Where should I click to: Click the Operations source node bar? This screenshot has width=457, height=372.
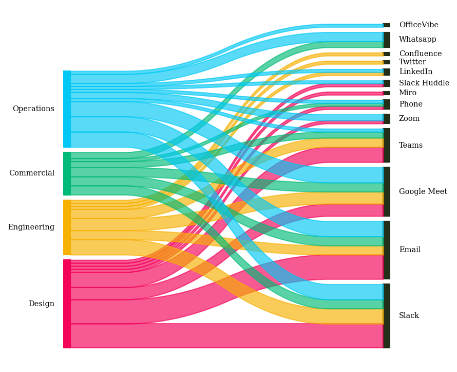pyautogui.click(x=67, y=109)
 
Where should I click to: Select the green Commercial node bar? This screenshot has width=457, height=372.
pyautogui.click(x=67, y=173)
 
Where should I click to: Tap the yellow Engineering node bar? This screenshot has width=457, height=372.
pyautogui.click(x=67, y=227)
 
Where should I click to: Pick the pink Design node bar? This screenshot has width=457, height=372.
pyautogui.click(x=67, y=304)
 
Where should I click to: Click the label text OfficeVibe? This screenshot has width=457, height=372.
pyautogui.click(x=418, y=25)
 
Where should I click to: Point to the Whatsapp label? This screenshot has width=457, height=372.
pyautogui.click(x=417, y=40)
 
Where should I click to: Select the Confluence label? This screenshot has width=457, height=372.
pyautogui.click(x=420, y=54)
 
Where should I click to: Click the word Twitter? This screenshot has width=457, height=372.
pyautogui.click(x=412, y=62)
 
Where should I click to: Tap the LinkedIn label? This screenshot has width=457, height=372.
pyautogui.click(x=415, y=72)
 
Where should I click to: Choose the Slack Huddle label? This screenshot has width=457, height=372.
pyautogui.click(x=424, y=83)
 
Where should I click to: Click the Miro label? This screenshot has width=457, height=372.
pyautogui.click(x=408, y=93)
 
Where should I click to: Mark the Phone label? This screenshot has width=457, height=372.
pyautogui.click(x=411, y=104)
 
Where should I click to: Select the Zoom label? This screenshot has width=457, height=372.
pyautogui.click(x=409, y=119)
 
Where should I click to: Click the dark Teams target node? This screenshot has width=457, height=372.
pyautogui.click(x=387, y=146)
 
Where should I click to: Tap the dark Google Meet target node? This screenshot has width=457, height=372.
pyautogui.click(x=387, y=191)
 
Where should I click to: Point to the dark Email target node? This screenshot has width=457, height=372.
pyautogui.click(x=387, y=250)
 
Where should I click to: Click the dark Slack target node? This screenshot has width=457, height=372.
pyautogui.click(x=387, y=316)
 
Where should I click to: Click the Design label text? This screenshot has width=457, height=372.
pyautogui.click(x=41, y=304)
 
